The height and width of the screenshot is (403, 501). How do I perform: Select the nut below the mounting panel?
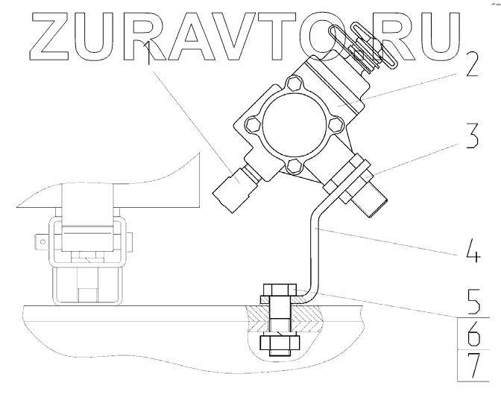pyautogui.click(x=279, y=343)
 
